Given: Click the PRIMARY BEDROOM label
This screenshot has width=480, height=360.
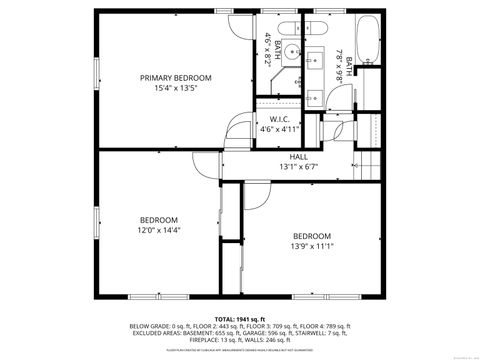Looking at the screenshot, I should [175, 78].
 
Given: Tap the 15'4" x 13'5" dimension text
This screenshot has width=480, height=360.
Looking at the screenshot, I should [175, 88].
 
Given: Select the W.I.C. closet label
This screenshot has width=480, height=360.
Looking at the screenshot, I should [279, 119].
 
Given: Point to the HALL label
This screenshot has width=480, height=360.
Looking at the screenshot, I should [298, 157].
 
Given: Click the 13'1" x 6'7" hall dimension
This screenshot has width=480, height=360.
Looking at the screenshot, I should [298, 167].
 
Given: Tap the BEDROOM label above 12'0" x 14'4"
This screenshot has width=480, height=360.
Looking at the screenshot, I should [158, 220].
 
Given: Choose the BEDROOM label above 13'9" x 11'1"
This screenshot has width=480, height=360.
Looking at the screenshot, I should [311, 236].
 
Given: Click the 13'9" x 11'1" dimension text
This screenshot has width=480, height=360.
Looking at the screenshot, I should [311, 246].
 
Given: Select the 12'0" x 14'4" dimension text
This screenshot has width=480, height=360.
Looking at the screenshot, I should [158, 230].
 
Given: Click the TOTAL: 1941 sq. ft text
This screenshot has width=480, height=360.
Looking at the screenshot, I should [240, 317].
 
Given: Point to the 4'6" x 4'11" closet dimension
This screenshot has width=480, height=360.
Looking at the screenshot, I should [279, 129].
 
